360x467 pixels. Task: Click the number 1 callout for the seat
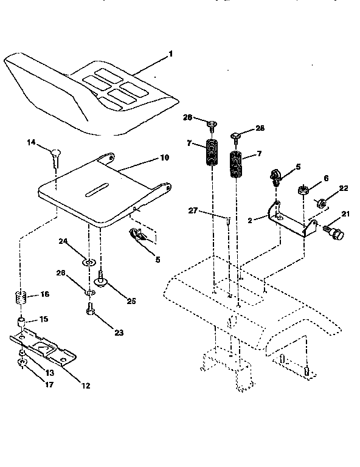point(171,54)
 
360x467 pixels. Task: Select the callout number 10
point(164,157)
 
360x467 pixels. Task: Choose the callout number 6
point(326,178)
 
